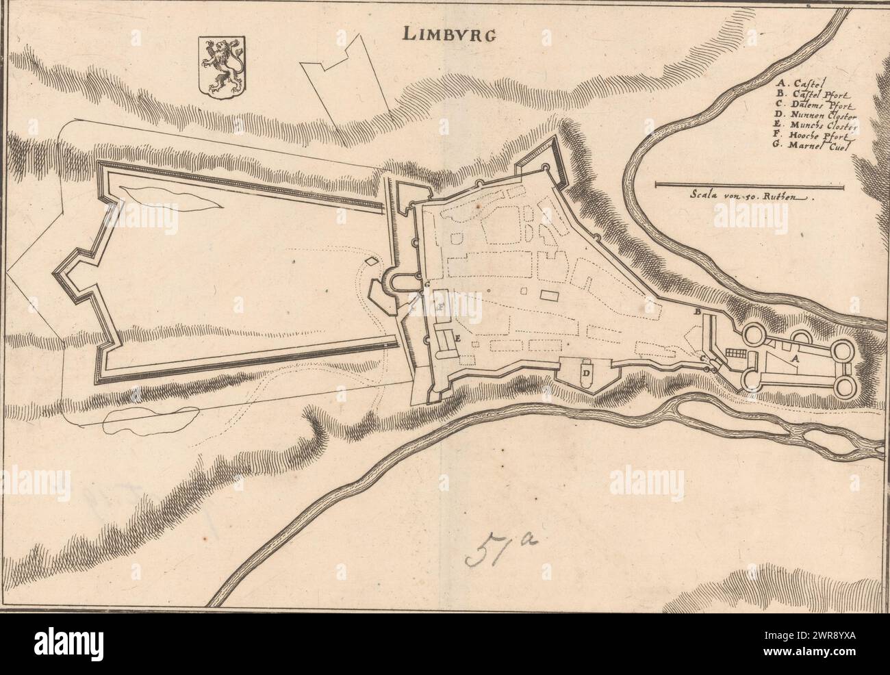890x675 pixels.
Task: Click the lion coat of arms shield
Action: point(221,67)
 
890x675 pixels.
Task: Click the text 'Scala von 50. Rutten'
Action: point(750,194)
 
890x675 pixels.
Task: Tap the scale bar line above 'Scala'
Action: point(750,184)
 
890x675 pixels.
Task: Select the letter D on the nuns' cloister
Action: point(587,372)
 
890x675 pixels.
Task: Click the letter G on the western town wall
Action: point(427,283)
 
